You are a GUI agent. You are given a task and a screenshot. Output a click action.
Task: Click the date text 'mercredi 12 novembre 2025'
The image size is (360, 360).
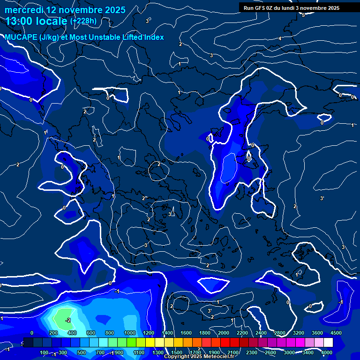65,10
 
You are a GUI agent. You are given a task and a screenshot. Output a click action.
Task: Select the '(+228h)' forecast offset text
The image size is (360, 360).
83,21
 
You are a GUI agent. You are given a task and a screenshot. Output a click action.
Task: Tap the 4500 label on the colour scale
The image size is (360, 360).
336,333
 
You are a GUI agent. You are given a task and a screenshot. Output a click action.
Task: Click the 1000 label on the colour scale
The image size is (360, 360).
129,333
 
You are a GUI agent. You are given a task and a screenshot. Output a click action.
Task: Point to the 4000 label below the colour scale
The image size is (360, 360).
327,352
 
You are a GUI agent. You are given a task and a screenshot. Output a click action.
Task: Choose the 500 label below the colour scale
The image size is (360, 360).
81,352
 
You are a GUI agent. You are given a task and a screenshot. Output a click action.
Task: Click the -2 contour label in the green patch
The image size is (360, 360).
68,320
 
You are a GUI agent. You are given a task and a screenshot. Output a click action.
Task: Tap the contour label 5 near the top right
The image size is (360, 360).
303,15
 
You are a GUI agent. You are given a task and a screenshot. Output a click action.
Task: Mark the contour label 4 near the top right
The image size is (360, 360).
280,38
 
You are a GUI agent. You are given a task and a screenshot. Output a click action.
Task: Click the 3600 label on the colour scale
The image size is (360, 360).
317,333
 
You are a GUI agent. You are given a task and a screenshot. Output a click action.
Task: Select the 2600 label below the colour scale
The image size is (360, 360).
270,352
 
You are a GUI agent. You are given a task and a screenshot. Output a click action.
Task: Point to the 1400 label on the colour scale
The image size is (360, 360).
167,333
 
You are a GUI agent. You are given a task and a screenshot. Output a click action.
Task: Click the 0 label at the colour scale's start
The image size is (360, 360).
32,333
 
